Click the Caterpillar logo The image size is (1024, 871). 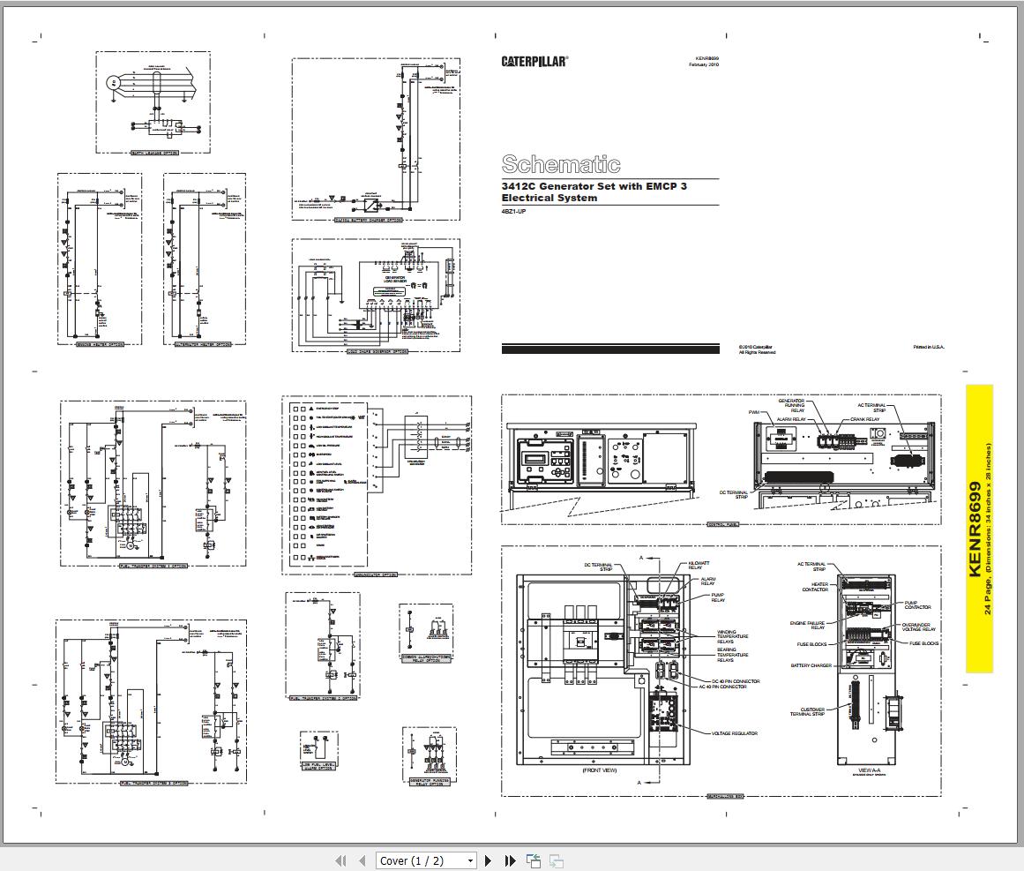click(x=534, y=61)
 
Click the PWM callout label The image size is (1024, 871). click(x=753, y=412)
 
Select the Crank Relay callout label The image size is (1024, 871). click(x=864, y=419)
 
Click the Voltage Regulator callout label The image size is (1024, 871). click(x=734, y=733)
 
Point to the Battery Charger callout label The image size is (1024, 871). click(x=811, y=665)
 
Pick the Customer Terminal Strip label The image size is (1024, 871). click(x=811, y=712)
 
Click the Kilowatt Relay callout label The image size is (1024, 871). click(x=699, y=565)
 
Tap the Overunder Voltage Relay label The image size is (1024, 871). click(x=918, y=627)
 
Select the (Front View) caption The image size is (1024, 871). click(x=599, y=770)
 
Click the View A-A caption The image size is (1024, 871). click(x=864, y=770)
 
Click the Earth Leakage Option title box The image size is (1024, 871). click(x=153, y=153)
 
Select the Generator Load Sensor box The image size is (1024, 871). click(x=394, y=280)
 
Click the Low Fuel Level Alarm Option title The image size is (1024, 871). click(x=318, y=767)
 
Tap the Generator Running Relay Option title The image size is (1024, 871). click(x=429, y=782)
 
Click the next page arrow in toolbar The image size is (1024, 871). click(x=489, y=860)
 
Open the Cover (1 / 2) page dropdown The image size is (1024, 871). click(x=426, y=860)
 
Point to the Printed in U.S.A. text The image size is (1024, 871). click(x=928, y=347)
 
